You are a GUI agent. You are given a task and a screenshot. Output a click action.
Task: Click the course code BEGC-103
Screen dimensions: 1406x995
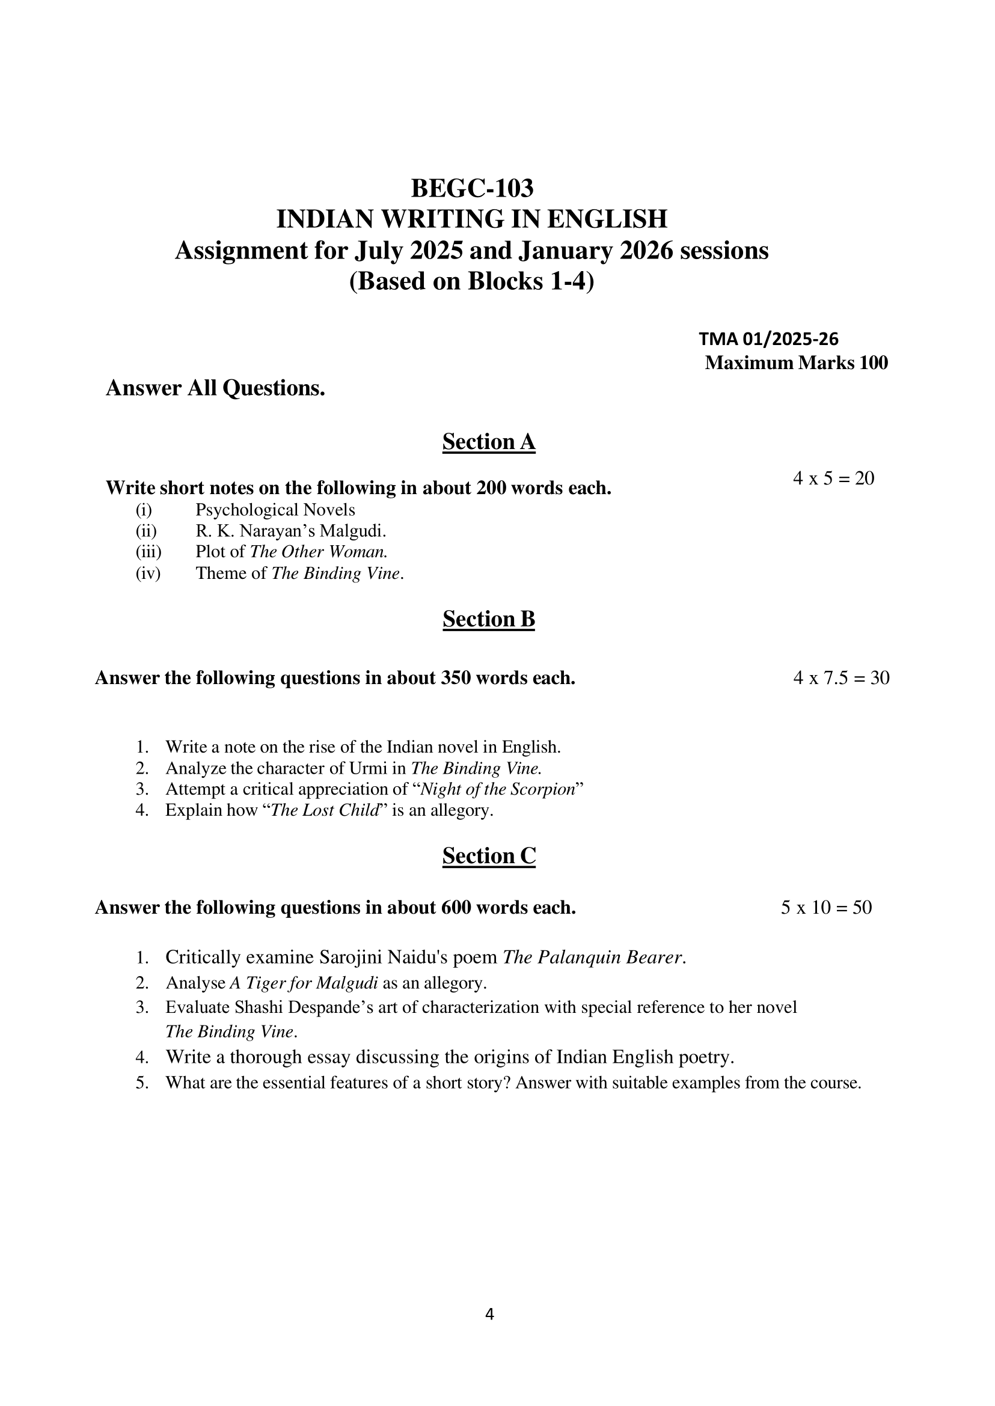pyautogui.click(x=472, y=188)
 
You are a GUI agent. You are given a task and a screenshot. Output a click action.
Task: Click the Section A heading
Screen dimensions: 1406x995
pyautogui.click(x=488, y=442)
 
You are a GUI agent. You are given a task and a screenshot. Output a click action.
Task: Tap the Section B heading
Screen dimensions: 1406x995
pyautogui.click(x=488, y=619)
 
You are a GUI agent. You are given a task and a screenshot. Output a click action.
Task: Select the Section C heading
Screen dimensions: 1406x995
pyautogui.click(x=488, y=855)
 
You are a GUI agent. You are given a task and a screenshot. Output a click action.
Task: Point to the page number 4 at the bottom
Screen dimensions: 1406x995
pyautogui.click(x=489, y=1314)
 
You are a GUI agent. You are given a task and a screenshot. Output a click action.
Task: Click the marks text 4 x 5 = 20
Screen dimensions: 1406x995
pyautogui.click(x=833, y=478)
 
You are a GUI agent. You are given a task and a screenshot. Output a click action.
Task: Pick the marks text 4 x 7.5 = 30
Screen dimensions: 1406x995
pyautogui.click(x=840, y=677)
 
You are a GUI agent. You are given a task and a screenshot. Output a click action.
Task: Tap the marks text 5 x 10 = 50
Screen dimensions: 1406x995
pyautogui.click(x=826, y=907)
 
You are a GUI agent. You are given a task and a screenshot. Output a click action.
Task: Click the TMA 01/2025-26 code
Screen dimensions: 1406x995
pyautogui.click(x=768, y=339)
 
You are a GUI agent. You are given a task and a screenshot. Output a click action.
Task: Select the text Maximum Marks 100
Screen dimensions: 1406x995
pyautogui.click(x=796, y=362)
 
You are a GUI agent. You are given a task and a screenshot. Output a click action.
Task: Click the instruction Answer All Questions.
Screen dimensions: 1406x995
pyautogui.click(x=215, y=388)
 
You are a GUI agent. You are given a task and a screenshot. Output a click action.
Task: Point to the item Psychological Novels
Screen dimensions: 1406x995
pyautogui.click(x=275, y=510)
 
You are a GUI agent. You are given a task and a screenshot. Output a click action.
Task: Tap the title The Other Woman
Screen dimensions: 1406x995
pyautogui.click(x=319, y=551)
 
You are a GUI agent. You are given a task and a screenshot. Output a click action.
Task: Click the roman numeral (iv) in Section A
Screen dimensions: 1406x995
pyautogui.click(x=148, y=573)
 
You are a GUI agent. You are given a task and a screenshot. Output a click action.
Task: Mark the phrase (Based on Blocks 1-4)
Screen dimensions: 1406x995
pyautogui.click(x=472, y=281)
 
